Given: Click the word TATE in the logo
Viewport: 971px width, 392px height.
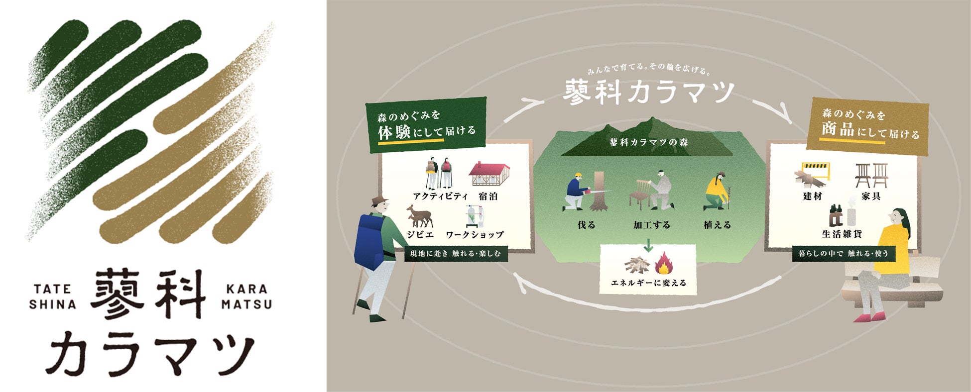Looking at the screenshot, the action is click(53, 289).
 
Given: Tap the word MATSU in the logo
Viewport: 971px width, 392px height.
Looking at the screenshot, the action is click(246, 304).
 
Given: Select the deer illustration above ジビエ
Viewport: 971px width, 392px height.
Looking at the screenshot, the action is click(419, 216).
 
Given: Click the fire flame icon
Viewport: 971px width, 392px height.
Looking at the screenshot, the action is click(664, 264).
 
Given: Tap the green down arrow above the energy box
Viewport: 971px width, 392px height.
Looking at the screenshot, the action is click(648, 245).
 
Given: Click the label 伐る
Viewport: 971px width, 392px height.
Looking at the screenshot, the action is click(587, 225).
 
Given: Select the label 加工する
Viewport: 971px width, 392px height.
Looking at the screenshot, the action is click(651, 225).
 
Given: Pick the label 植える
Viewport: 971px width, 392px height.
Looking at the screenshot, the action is click(717, 225).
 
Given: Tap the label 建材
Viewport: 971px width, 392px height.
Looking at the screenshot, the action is click(812, 196).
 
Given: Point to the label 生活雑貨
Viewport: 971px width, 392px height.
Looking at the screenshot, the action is click(842, 234).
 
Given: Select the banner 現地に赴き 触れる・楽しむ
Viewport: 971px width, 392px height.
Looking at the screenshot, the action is click(455, 254).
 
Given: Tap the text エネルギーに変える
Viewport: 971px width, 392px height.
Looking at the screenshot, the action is click(648, 283).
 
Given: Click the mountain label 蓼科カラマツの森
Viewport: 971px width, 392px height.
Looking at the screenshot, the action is click(648, 142).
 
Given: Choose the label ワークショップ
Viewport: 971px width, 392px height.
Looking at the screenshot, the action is click(475, 234).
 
